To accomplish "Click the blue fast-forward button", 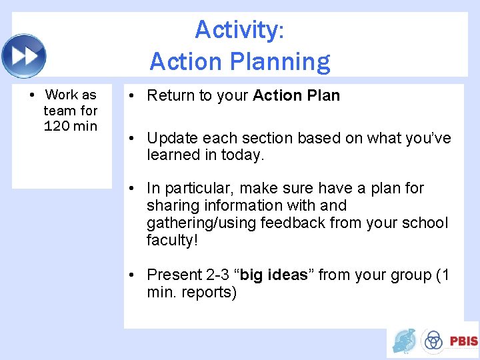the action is pyautogui.click(x=24, y=56).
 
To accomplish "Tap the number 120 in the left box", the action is pyautogui.click(x=57, y=126).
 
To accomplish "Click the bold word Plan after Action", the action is pyautogui.click(x=323, y=95).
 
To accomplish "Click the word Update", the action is pyautogui.click(x=172, y=139).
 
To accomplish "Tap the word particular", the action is pyautogui.click(x=199, y=189).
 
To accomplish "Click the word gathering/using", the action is pyautogui.click(x=201, y=223).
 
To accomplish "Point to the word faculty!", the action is pyautogui.click(x=172, y=240).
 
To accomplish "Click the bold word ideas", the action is pyautogui.click(x=288, y=275).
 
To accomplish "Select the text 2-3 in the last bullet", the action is pyautogui.click(x=217, y=275).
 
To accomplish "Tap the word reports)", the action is pyautogui.click(x=209, y=293).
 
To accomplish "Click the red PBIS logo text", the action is pyautogui.click(x=463, y=341).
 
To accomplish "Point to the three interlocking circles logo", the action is pyautogui.click(x=433, y=340).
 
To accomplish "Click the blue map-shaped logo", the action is pyautogui.click(x=404, y=341).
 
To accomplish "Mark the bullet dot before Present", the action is pyautogui.click(x=131, y=275).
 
